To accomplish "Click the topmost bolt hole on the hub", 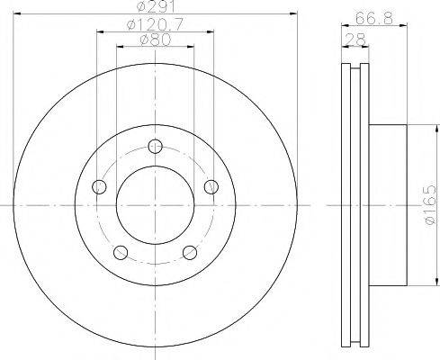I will click(x=156, y=146).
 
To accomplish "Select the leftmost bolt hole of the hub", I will click(x=99, y=186).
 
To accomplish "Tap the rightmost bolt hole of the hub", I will click(x=212, y=186).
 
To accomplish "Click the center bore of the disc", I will click(x=156, y=205).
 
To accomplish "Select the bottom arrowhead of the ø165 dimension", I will click(x=420, y=283).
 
